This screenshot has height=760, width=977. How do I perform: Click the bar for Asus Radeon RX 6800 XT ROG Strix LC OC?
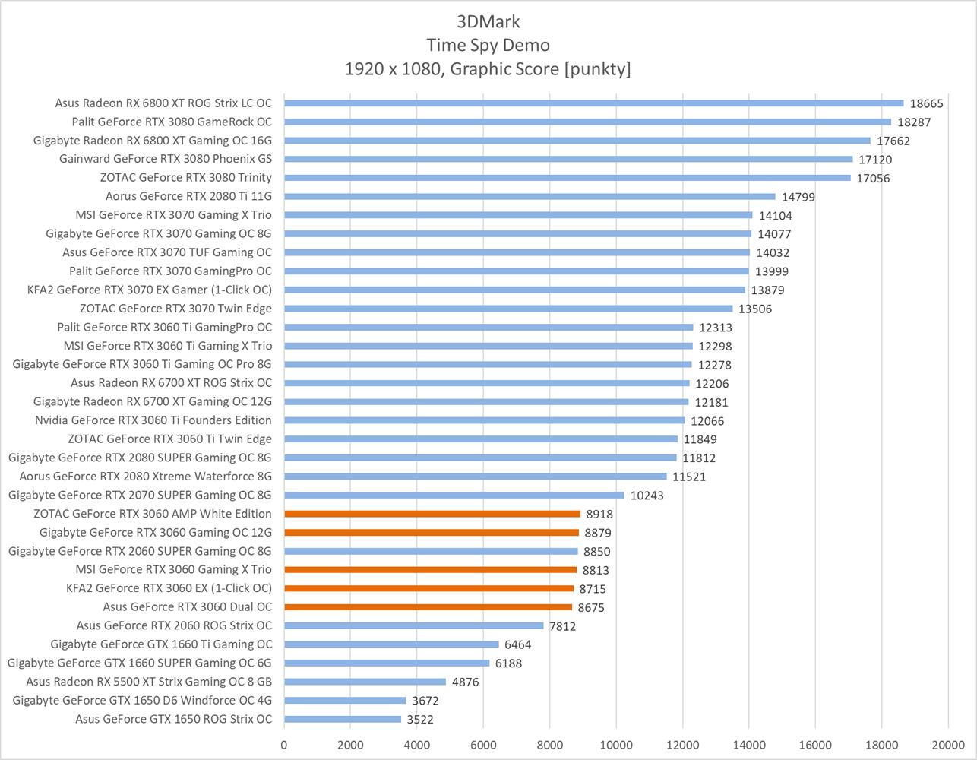pos(593,103)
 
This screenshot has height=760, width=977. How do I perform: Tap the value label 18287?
pos(914,122)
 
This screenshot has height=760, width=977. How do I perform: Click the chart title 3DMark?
pos(488,21)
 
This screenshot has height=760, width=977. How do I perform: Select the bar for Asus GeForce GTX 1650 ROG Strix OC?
pos(342,719)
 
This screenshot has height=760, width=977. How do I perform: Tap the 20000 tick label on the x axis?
pos(947,746)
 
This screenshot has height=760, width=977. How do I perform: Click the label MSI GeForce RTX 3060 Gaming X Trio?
pos(173,569)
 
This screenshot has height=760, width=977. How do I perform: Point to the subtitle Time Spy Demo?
pos(488,45)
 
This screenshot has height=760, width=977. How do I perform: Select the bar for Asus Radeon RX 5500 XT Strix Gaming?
pos(365,682)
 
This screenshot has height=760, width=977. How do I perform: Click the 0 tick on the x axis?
pos(284,746)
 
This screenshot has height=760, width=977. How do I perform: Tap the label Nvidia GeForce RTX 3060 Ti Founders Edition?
pos(153,420)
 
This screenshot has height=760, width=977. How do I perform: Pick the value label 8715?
pos(593,589)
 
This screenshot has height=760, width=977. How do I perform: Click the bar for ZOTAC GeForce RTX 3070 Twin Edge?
pos(508,309)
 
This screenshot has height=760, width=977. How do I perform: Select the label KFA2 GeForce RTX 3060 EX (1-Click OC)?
pos(169,588)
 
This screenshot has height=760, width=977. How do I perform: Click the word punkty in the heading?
pos(597,69)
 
